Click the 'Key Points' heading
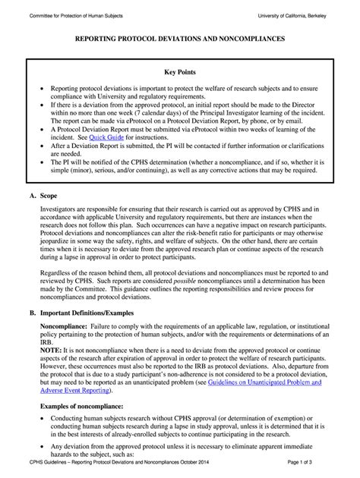click(x=180, y=73)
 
